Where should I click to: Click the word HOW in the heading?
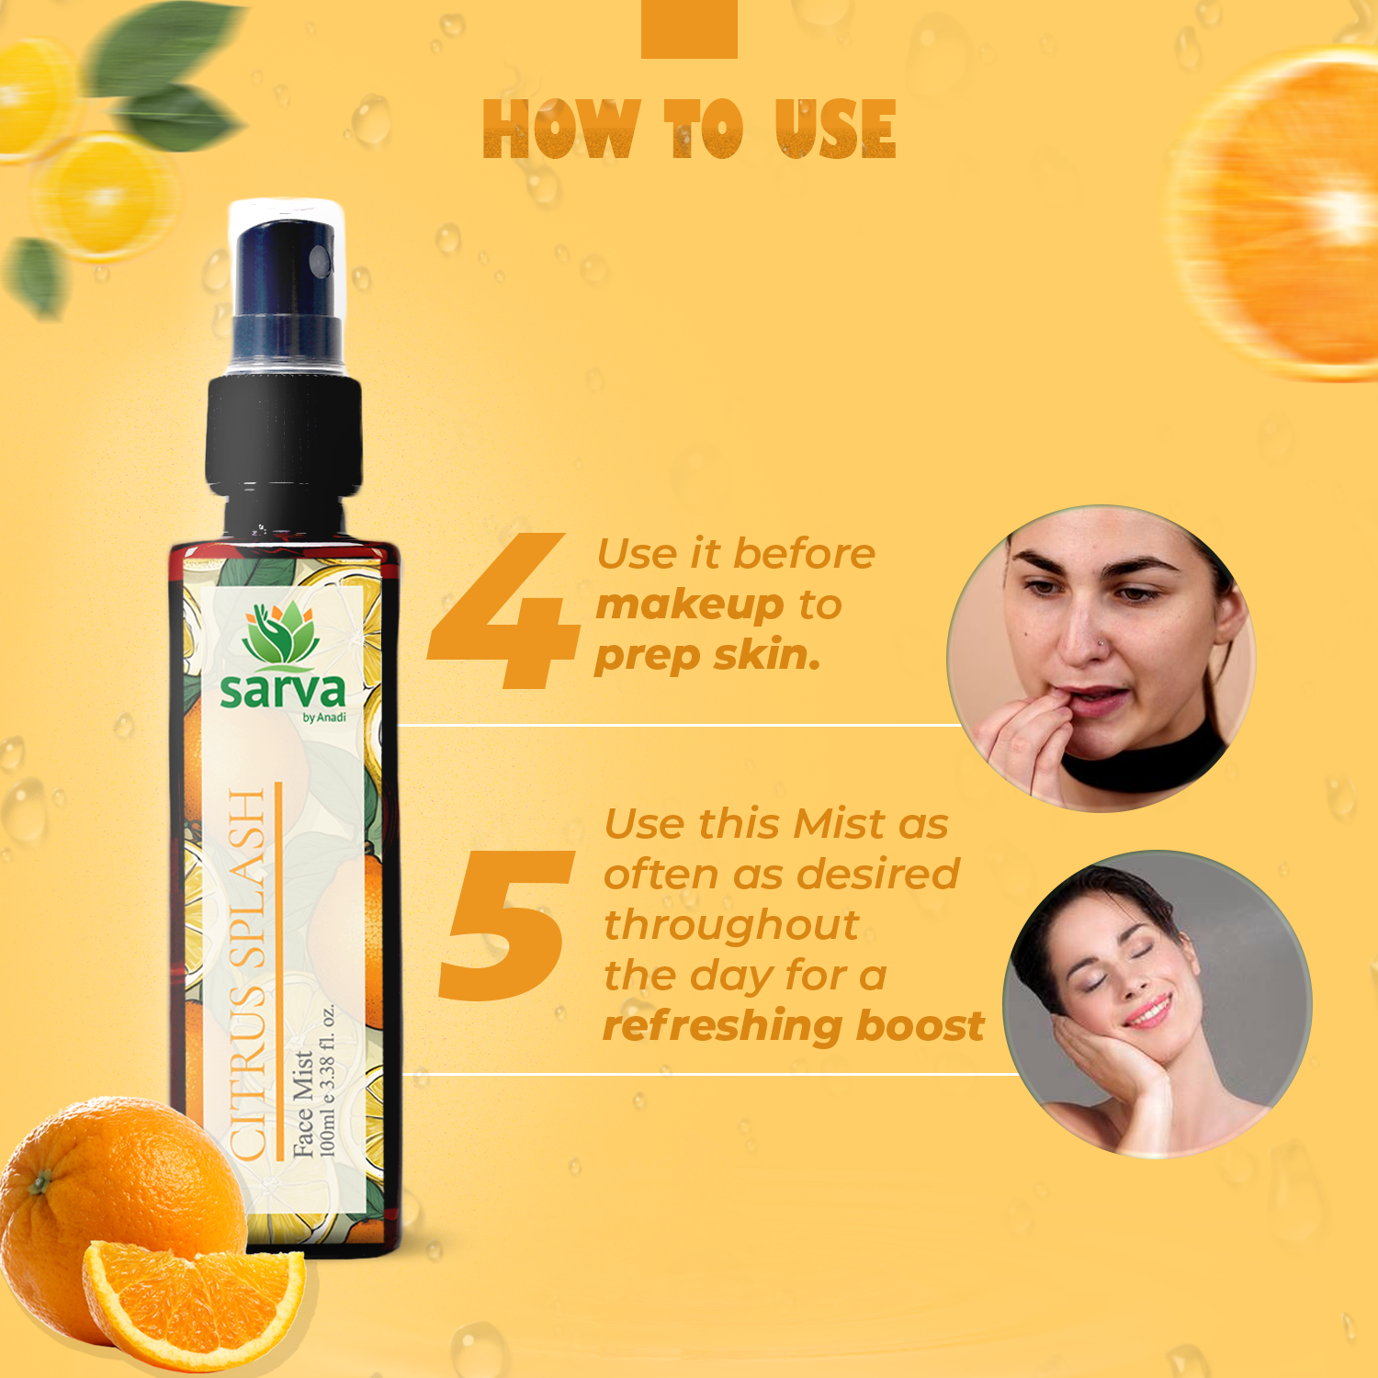point(560,129)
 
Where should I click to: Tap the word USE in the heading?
point(835,129)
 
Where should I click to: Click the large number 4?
point(503,610)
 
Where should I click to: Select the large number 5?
point(506,925)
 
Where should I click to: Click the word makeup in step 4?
point(690,604)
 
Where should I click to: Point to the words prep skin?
point(707,656)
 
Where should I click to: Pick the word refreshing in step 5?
point(724,1025)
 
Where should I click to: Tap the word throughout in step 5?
point(731,925)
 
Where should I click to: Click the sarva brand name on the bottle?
point(282,690)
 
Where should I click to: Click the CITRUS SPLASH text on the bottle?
point(248,974)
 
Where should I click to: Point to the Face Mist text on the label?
point(303,1103)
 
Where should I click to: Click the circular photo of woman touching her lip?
point(1101,658)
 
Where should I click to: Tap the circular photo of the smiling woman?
point(1158,1004)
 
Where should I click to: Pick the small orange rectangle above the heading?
point(689,28)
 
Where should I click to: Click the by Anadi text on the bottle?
point(324,717)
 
